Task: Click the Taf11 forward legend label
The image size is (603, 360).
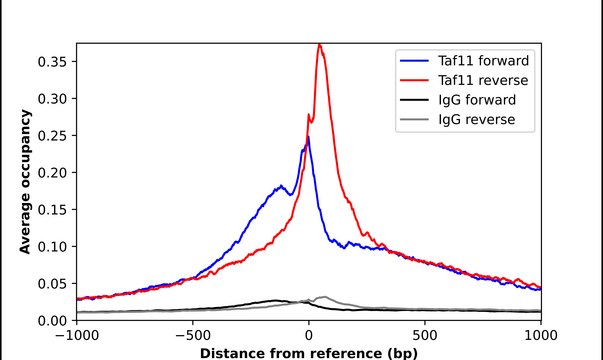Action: pyautogui.click(x=482, y=60)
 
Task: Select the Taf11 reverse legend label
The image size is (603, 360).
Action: pyautogui.click(x=482, y=80)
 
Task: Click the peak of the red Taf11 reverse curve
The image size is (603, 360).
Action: pyautogui.click(x=319, y=44)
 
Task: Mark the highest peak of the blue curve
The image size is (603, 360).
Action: pyautogui.click(x=307, y=138)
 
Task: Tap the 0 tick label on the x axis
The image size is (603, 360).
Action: pyautogui.click(x=309, y=335)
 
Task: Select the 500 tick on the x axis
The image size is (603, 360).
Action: pyautogui.click(x=425, y=335)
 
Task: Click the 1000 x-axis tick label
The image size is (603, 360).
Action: pyautogui.click(x=540, y=335)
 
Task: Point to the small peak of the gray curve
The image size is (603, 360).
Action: pyautogui.click(x=323, y=297)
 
